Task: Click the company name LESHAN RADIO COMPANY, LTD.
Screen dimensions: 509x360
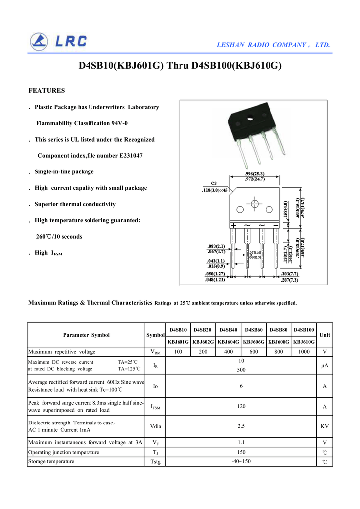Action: point(273,45)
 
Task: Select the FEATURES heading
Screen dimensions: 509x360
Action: point(47,91)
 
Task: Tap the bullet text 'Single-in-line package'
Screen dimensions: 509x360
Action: point(64,172)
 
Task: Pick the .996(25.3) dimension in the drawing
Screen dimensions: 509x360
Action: point(255,174)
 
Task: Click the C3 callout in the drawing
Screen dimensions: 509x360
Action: point(214,183)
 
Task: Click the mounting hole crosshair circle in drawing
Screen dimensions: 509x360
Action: point(255,204)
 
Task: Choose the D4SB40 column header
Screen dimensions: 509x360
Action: point(228,330)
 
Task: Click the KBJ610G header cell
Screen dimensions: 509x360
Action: point(304,342)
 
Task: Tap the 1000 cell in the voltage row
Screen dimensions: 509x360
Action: point(304,352)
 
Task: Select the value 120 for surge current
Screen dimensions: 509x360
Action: point(241,406)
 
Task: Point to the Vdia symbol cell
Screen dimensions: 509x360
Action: point(155,426)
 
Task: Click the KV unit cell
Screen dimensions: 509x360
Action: point(324,426)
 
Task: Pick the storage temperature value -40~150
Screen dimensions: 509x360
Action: point(241,462)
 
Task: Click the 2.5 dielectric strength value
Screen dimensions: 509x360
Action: point(241,426)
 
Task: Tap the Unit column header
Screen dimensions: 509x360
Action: point(324,335)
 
